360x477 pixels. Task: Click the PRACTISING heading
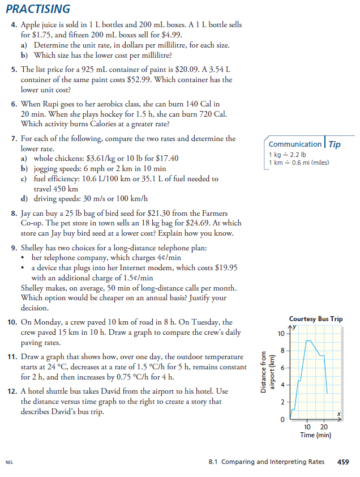(x=38, y=9)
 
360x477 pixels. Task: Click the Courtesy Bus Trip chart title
(x=315, y=320)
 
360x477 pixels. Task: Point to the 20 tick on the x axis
(x=324, y=427)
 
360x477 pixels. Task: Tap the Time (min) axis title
(x=315, y=435)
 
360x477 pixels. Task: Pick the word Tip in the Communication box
(x=335, y=144)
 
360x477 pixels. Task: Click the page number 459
(x=342, y=462)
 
